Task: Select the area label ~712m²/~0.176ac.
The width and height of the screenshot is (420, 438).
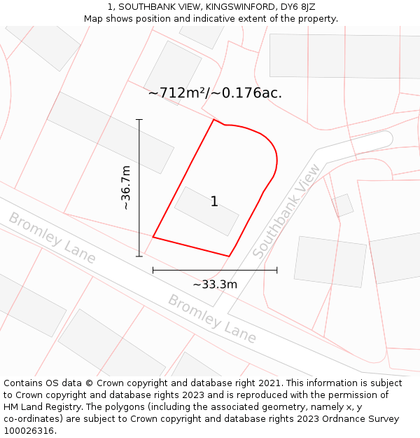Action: coord(215,93)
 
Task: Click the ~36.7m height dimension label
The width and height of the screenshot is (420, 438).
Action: coord(126,187)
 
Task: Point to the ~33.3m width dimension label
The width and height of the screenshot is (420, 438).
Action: coord(215,284)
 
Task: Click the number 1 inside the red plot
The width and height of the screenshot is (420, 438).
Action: coord(214,202)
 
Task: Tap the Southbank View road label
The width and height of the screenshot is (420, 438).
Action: coord(287,212)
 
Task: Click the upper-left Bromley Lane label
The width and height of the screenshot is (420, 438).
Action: coord(52,238)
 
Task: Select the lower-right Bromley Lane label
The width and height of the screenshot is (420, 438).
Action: coord(212,319)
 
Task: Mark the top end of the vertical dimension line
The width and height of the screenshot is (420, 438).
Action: coord(139,120)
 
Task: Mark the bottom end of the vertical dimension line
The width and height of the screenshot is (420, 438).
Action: coord(139,256)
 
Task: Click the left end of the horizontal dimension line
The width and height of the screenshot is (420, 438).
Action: coord(153,270)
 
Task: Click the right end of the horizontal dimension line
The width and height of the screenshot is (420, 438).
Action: coord(277,270)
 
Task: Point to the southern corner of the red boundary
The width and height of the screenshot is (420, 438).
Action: coord(229,256)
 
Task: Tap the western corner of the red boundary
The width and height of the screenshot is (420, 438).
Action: coord(153,237)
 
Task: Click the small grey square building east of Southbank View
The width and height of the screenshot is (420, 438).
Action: coord(343,205)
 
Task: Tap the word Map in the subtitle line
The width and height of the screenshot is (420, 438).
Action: coord(94,19)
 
